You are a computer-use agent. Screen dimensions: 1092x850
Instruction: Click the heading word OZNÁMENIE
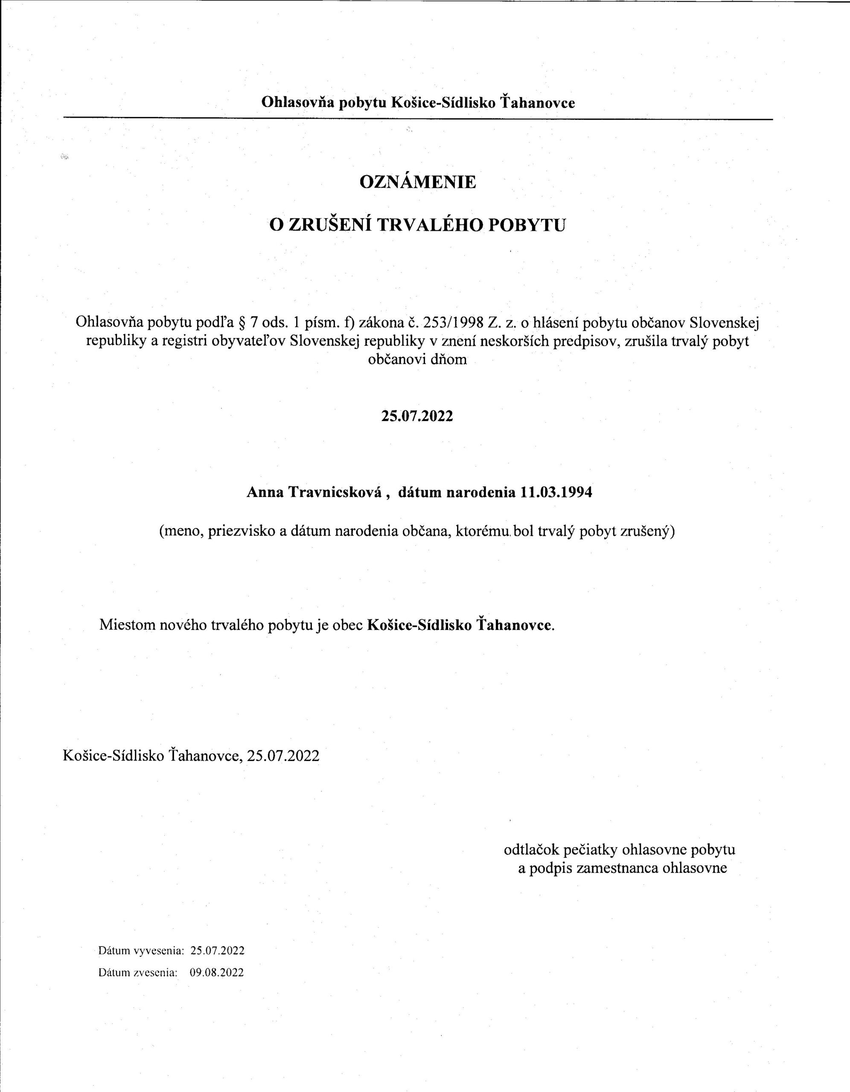(x=418, y=181)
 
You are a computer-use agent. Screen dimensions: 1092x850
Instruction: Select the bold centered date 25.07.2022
(x=417, y=416)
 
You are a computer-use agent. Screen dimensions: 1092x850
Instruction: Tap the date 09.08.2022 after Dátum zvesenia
(x=217, y=973)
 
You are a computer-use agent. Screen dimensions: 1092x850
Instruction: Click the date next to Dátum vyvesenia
(x=217, y=950)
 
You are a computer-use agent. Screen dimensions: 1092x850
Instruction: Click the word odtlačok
(x=531, y=850)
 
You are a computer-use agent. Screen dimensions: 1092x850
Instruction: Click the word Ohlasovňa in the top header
(x=298, y=102)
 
